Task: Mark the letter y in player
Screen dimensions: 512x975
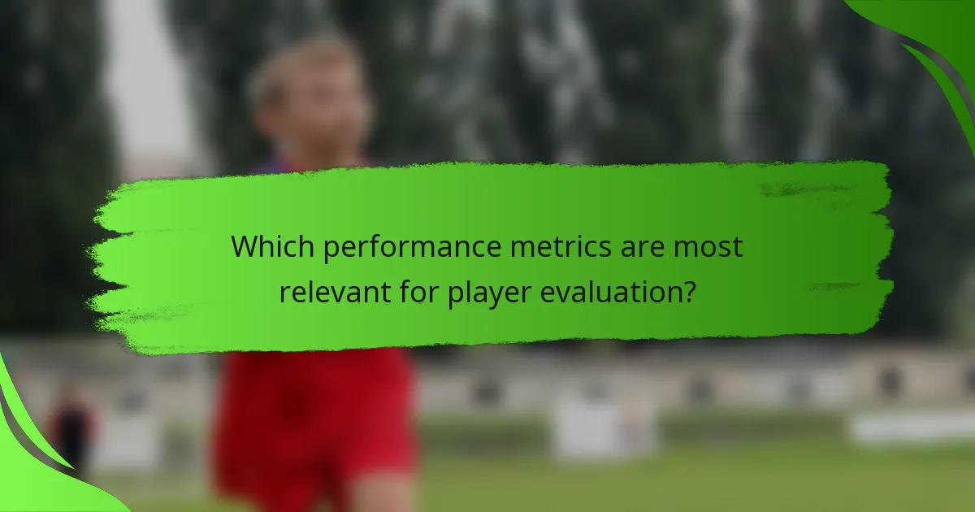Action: point(500,293)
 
